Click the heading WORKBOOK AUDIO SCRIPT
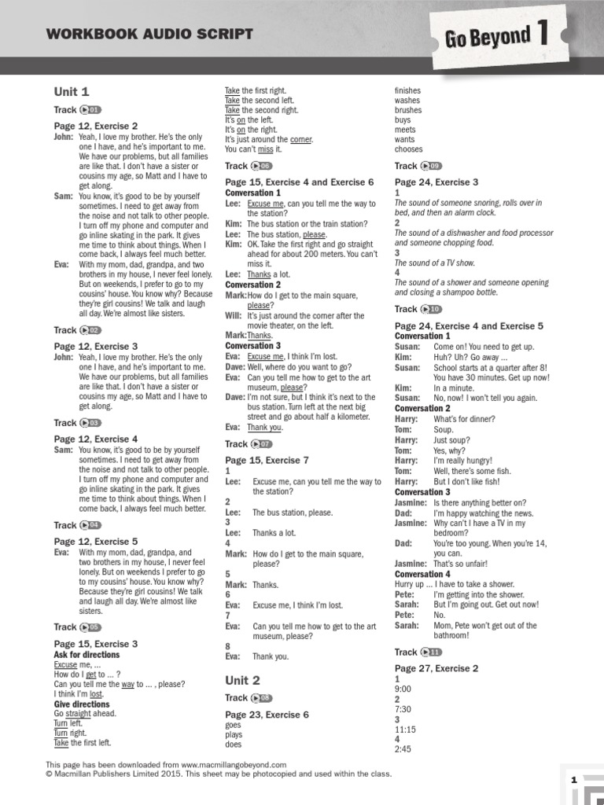(x=149, y=33)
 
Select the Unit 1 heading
(x=72, y=91)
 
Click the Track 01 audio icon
(x=91, y=110)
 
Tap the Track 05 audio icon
(x=91, y=627)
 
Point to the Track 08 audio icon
(x=262, y=698)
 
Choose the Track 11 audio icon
(x=432, y=652)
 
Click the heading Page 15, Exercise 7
(x=267, y=460)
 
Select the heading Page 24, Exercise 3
(x=436, y=182)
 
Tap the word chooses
(x=408, y=149)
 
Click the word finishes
(x=407, y=91)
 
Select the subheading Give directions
(x=82, y=704)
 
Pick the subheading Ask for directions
(x=87, y=655)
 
